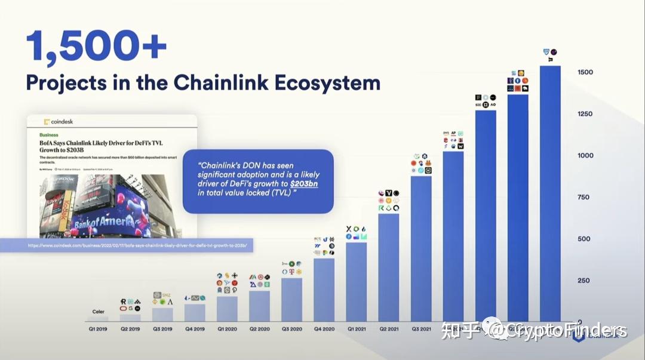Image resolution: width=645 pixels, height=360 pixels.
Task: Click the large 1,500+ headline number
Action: click(96, 46)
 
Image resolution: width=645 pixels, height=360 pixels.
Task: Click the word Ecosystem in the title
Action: click(327, 82)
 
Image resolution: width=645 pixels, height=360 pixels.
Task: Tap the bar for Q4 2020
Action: click(324, 290)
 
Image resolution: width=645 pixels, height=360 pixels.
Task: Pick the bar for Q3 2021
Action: click(421, 248)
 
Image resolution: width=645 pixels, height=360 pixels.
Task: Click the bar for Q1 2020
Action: click(227, 309)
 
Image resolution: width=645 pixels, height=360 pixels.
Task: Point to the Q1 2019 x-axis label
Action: click(98, 328)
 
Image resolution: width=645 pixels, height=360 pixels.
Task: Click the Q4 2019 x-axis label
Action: click(195, 328)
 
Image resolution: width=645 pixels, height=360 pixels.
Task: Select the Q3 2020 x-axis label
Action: click(291, 328)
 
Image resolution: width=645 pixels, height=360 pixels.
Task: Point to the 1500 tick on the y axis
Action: click(585, 72)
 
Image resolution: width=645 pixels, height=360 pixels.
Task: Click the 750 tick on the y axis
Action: click(583, 197)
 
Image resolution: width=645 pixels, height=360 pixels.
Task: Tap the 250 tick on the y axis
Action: click(583, 281)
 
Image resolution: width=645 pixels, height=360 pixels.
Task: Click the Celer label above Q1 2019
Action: click(98, 312)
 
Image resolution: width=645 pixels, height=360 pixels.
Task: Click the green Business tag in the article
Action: click(49, 136)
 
